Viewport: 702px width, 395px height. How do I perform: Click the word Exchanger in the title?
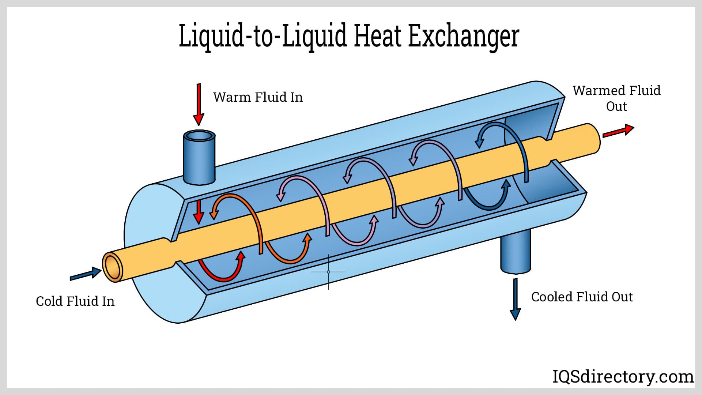click(x=463, y=37)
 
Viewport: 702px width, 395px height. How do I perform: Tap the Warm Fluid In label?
click(x=258, y=97)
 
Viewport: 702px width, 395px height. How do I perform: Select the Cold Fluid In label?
click(x=75, y=301)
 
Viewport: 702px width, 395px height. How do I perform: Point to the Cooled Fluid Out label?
click(x=582, y=297)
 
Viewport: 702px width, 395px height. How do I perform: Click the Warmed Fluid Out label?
click(x=616, y=98)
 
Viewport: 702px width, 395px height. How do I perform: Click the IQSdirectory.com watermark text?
click(x=623, y=376)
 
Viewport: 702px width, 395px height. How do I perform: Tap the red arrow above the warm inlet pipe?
click(x=199, y=104)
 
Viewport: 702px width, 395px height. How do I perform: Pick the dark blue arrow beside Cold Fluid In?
click(x=86, y=274)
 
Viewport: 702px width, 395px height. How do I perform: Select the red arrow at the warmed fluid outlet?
click(x=618, y=131)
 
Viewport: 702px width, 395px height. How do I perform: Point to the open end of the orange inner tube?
click(x=112, y=267)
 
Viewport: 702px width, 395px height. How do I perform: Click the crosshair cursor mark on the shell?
click(x=328, y=272)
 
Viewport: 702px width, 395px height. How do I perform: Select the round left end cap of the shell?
click(x=150, y=252)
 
